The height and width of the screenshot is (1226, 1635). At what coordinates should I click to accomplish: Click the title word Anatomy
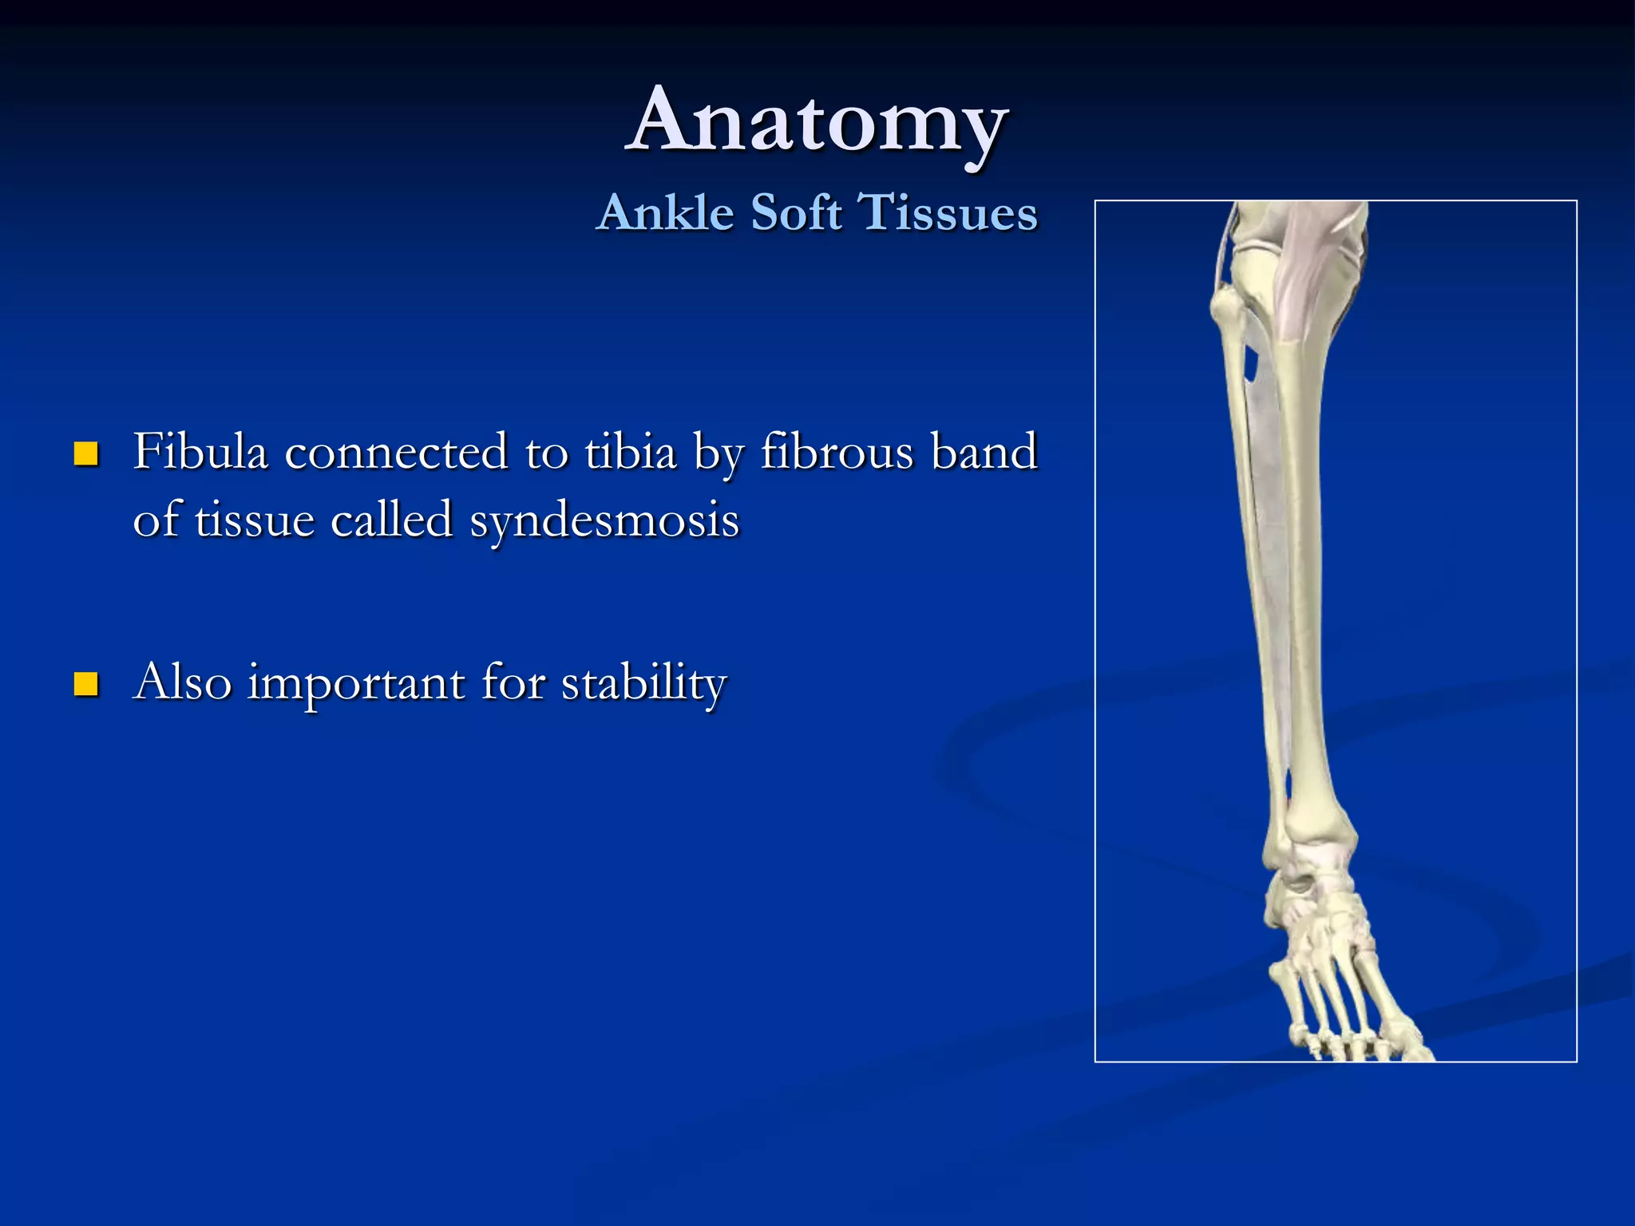coord(817,121)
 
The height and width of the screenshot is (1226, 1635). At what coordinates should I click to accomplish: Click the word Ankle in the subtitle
coord(665,213)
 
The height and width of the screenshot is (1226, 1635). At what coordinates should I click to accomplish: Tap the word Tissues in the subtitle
coord(948,213)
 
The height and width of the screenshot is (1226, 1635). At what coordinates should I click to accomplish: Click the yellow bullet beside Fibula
coord(85,454)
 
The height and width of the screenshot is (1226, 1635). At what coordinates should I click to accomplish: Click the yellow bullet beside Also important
coord(85,684)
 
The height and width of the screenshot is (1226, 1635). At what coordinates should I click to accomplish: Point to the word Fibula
coord(200,452)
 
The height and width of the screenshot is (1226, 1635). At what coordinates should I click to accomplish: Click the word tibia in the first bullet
coord(631,452)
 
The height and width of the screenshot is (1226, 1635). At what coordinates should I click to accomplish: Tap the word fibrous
coord(837,452)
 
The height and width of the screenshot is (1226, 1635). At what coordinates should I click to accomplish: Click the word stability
coord(643,683)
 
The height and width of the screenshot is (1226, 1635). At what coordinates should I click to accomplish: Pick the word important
coord(356,683)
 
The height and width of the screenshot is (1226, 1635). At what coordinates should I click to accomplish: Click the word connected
coord(396,452)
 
